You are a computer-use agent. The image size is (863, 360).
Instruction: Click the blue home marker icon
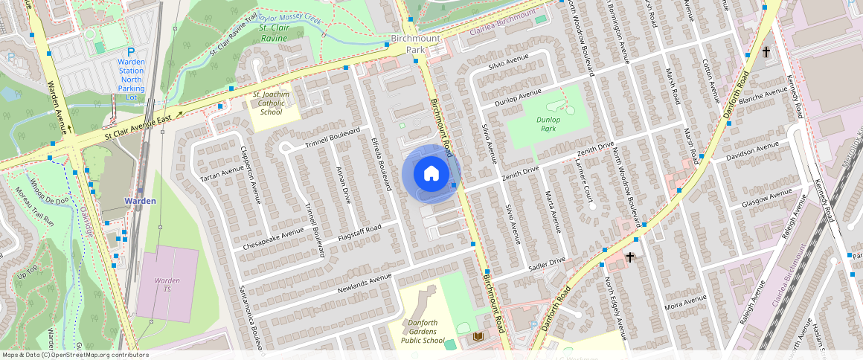pyautogui.click(x=431, y=174)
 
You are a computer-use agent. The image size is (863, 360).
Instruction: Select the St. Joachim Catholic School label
pyautogui.click(x=267, y=103)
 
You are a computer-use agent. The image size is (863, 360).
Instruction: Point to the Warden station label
pyautogui.click(x=140, y=201)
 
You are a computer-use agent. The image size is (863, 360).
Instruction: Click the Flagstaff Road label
pyautogui.click(x=359, y=232)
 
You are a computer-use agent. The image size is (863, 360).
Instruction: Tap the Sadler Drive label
pyautogui.click(x=546, y=263)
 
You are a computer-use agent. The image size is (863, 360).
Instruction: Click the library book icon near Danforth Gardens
pyautogui.click(x=477, y=338)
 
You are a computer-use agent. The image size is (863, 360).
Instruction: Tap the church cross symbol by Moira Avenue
pyautogui.click(x=630, y=257)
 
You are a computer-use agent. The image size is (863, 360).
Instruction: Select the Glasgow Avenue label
pyautogui.click(x=766, y=199)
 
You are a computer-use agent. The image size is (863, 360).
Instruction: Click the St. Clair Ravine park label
pyautogui.click(x=273, y=33)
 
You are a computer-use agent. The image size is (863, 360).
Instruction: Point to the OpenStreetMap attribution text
pyautogui.click(x=74, y=355)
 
